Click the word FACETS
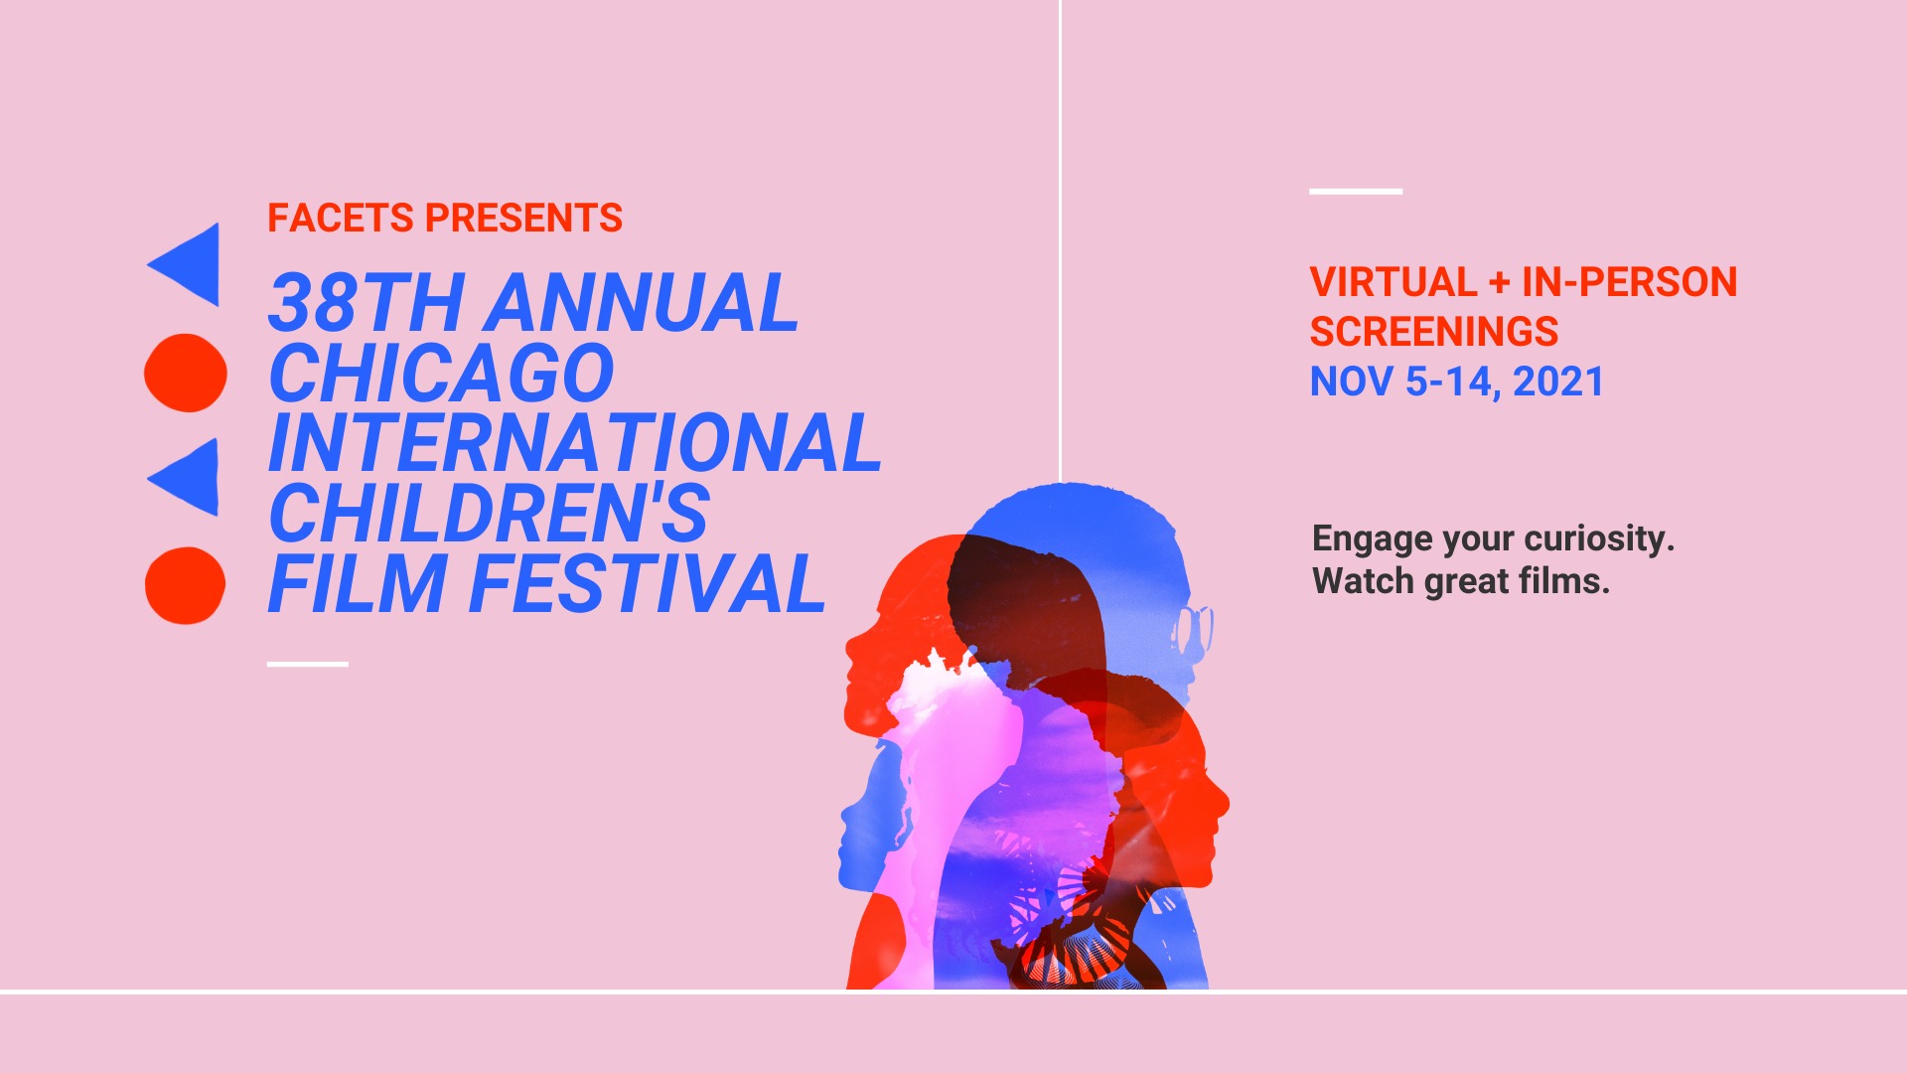pyautogui.click(x=341, y=219)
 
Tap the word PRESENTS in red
pyautogui.click(x=523, y=219)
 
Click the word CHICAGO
pyautogui.click(x=442, y=374)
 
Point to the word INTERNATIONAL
pyautogui.click(x=575, y=443)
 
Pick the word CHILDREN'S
pyautogui.click(x=489, y=514)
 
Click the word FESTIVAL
pyautogui.click(x=647, y=584)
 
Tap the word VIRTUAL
pyautogui.click(x=1394, y=282)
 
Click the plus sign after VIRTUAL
pyautogui.click(x=1500, y=283)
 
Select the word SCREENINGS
pyautogui.click(x=1434, y=332)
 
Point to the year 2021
pyautogui.click(x=1558, y=382)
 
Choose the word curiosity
pyautogui.click(x=1599, y=538)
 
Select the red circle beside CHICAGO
pyautogui.click(x=186, y=373)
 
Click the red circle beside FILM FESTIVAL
pyautogui.click(x=186, y=585)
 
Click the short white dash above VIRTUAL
pyautogui.click(x=1356, y=191)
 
